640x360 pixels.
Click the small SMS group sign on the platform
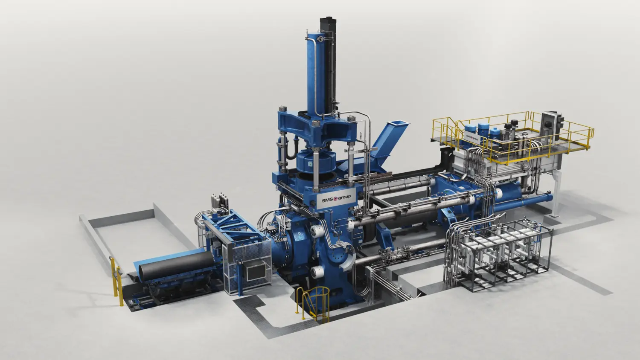pyautogui.click(x=472, y=137)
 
